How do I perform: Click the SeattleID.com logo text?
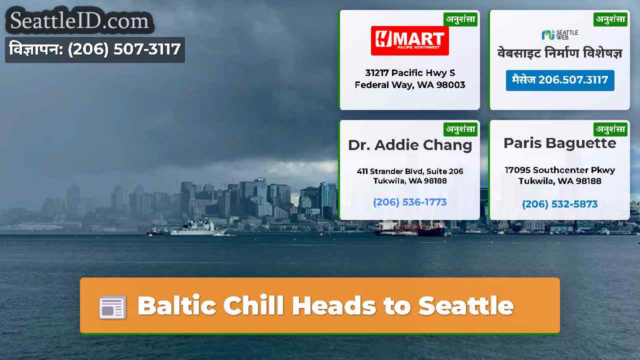(x=79, y=20)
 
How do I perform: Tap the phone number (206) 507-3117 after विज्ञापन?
(x=124, y=49)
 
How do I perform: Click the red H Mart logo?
(x=409, y=40)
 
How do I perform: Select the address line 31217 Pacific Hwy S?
(x=410, y=73)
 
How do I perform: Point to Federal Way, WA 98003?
(x=410, y=85)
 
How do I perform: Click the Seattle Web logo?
(x=559, y=35)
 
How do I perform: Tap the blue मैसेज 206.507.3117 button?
(x=560, y=80)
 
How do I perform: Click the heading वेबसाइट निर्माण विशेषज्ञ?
(x=559, y=53)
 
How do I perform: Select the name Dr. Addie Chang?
(x=410, y=145)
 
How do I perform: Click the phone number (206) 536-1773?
(x=410, y=202)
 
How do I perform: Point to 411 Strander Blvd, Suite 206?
(x=410, y=171)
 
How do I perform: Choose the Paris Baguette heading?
(x=559, y=143)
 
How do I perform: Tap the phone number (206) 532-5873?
(x=559, y=204)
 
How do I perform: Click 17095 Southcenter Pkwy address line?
(x=559, y=170)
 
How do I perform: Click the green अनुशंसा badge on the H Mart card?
(x=460, y=19)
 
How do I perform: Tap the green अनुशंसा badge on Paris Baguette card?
(x=610, y=129)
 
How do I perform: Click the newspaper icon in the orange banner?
(x=112, y=307)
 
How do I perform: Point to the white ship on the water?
(x=194, y=228)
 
